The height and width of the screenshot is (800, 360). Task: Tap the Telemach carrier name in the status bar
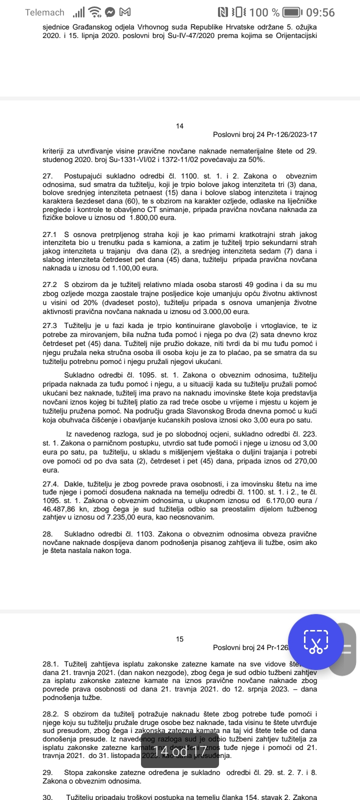[x=44, y=12]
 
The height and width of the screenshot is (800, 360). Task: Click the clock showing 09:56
[x=320, y=12]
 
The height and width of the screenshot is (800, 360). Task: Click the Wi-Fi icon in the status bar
[x=93, y=12]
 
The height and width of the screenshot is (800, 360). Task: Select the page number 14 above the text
[x=180, y=126]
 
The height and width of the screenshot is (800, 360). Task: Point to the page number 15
[x=180, y=639]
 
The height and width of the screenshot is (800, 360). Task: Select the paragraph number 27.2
[x=49, y=284]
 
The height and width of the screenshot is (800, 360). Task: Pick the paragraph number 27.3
[x=49, y=325]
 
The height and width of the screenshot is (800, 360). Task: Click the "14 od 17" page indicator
[x=180, y=750]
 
